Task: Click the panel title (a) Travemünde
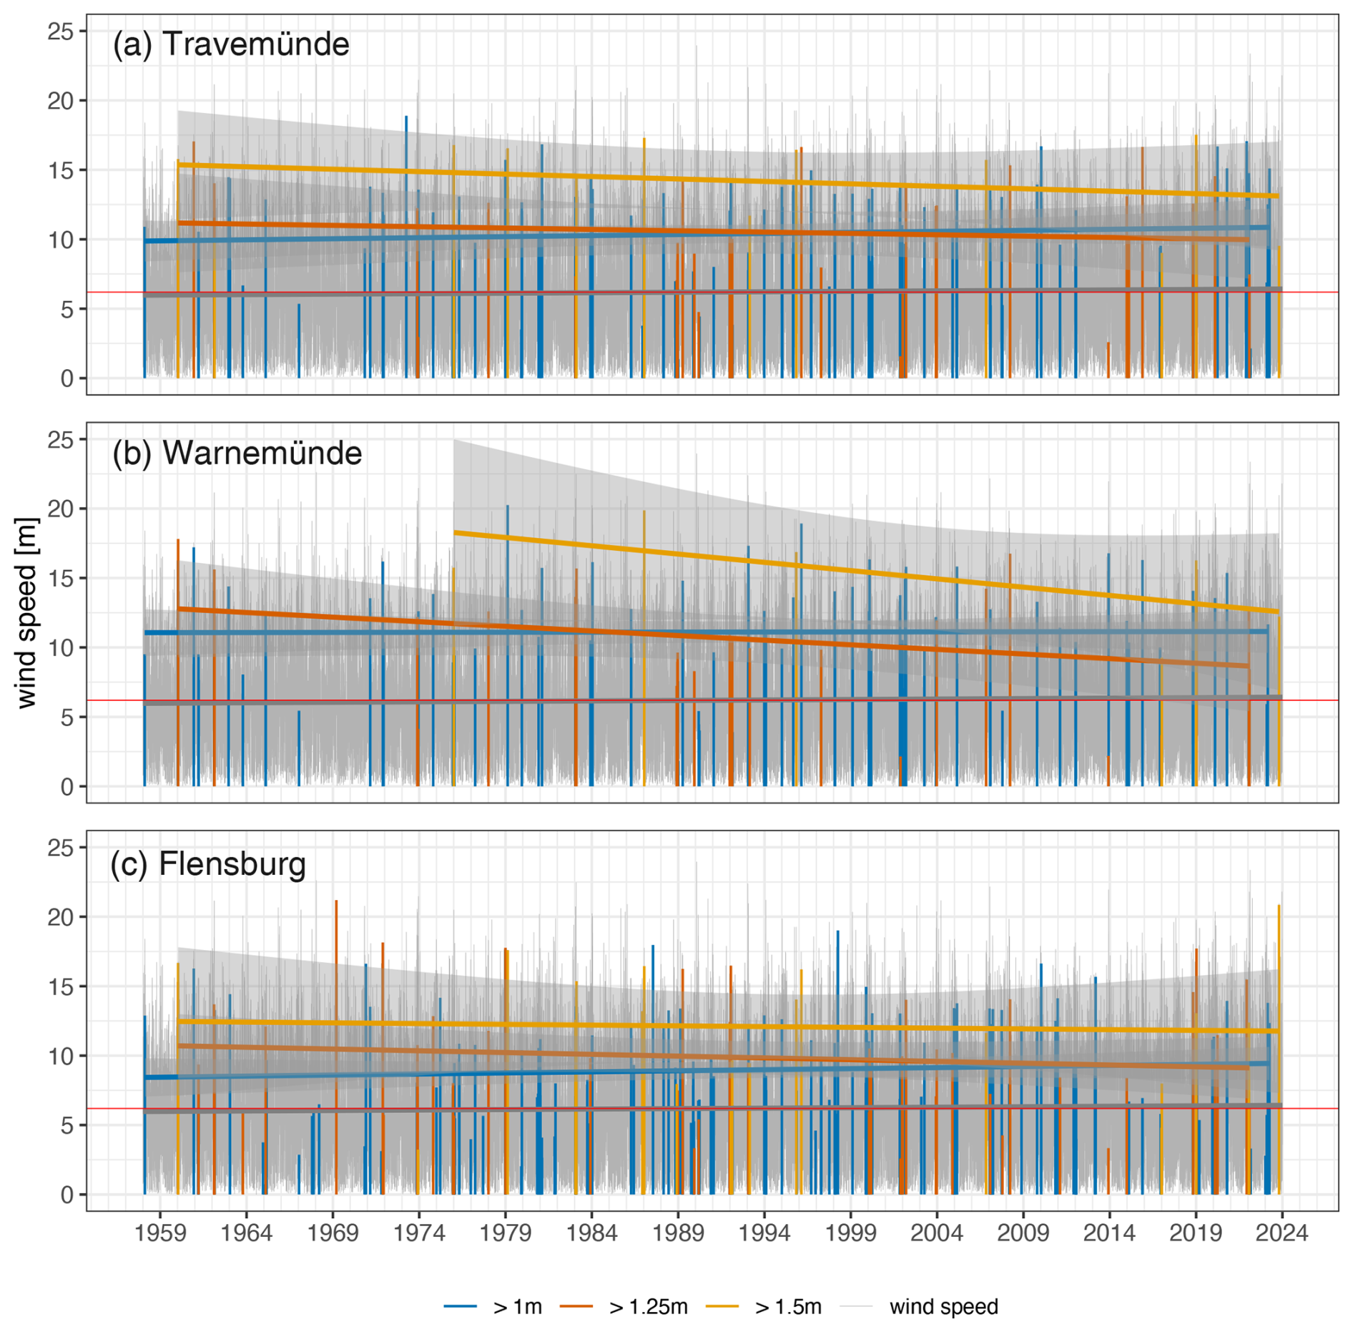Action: (230, 44)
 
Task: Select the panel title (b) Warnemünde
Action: (237, 453)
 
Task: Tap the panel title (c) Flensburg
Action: (207, 863)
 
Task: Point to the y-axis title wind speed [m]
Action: (26, 612)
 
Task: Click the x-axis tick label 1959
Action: (159, 1233)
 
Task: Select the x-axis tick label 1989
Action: (677, 1233)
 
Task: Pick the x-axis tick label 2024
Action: (1281, 1233)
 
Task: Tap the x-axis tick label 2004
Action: (936, 1233)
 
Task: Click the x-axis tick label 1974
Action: (418, 1233)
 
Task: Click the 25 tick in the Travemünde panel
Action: (61, 31)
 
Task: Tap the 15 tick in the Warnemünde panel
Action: (61, 578)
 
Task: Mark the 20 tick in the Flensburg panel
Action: (61, 916)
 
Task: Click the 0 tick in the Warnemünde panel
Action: (67, 787)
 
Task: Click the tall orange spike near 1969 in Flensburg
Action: (336, 930)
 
